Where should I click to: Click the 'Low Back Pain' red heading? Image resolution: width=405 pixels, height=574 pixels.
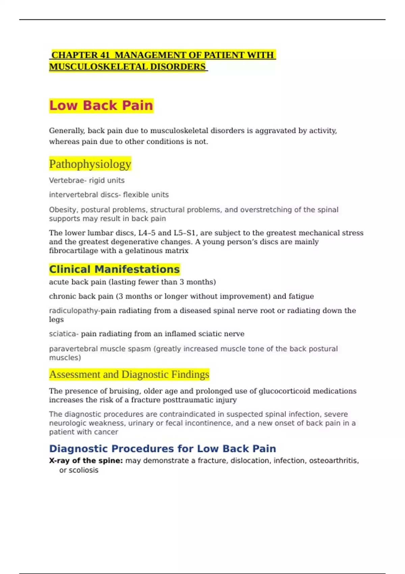[x=101, y=106]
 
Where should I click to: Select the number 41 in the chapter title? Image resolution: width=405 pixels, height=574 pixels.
[x=105, y=55]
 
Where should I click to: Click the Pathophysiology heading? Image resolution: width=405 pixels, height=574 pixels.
[x=90, y=164]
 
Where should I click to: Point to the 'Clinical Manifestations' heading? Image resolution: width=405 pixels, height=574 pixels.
[x=114, y=269]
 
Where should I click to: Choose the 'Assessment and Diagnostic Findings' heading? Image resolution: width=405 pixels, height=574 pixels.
[x=129, y=374]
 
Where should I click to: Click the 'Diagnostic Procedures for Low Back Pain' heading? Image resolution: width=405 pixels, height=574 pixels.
[x=162, y=449]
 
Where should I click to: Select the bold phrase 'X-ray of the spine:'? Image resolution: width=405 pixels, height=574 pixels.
[x=86, y=461]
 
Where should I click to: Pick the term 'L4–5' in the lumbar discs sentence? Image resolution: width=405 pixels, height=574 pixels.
[x=147, y=233]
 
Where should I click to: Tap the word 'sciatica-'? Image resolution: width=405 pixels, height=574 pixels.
[x=63, y=334]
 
